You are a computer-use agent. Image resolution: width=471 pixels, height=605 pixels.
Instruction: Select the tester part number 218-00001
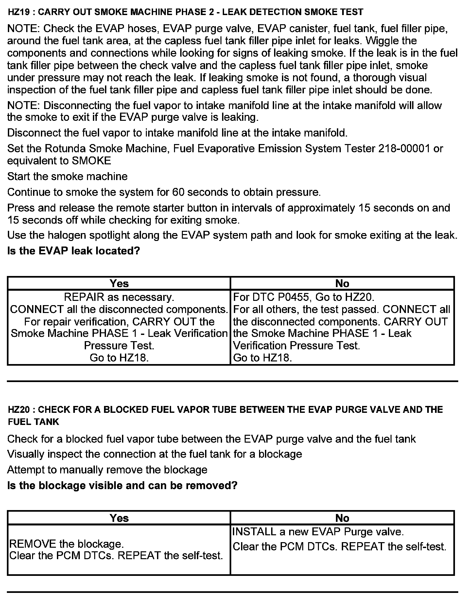click(x=404, y=149)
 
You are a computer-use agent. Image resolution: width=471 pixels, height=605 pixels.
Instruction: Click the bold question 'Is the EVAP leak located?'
click(x=74, y=251)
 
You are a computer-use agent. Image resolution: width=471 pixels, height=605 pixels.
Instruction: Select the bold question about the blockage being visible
click(x=122, y=486)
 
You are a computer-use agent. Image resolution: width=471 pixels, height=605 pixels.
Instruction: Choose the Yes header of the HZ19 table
click(x=119, y=284)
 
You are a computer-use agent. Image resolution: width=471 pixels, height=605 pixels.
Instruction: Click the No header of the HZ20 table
click(x=342, y=518)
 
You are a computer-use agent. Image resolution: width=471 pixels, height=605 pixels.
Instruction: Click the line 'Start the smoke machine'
click(x=67, y=176)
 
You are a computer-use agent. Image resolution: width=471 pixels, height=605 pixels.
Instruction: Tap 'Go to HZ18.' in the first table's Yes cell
click(x=119, y=358)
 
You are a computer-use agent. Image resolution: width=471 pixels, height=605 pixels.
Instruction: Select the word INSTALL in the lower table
click(x=254, y=532)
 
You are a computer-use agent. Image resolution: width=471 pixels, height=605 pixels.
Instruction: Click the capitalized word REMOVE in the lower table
click(x=33, y=544)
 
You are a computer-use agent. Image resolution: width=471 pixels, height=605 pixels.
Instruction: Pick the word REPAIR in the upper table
click(x=83, y=297)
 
